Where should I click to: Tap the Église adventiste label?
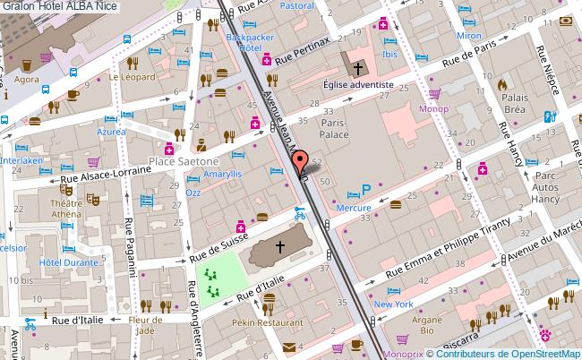coord(358,85)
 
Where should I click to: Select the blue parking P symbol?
coord(365,190)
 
